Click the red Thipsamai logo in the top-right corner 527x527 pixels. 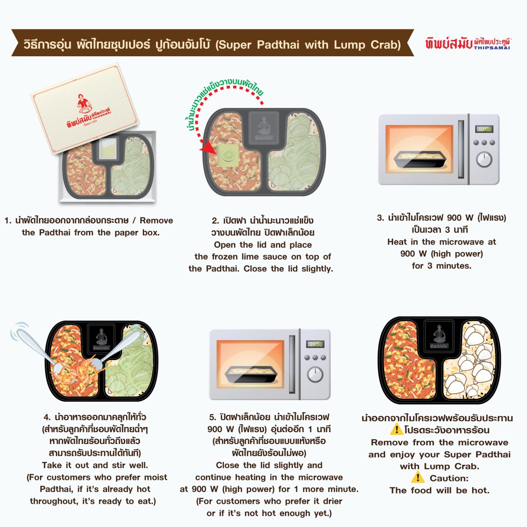click(x=468, y=44)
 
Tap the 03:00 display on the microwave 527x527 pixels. click(x=484, y=129)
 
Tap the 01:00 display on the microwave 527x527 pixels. click(x=315, y=344)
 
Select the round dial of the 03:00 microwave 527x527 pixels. click(x=484, y=159)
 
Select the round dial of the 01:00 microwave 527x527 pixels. click(x=315, y=375)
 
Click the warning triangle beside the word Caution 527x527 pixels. click(x=418, y=477)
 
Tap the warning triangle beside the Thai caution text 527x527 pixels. click(x=397, y=429)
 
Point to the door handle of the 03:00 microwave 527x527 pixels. click(x=461, y=149)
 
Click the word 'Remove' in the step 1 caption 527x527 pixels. click(x=156, y=220)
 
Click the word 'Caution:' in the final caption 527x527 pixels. click(x=449, y=478)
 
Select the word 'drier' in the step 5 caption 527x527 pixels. click(x=332, y=501)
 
